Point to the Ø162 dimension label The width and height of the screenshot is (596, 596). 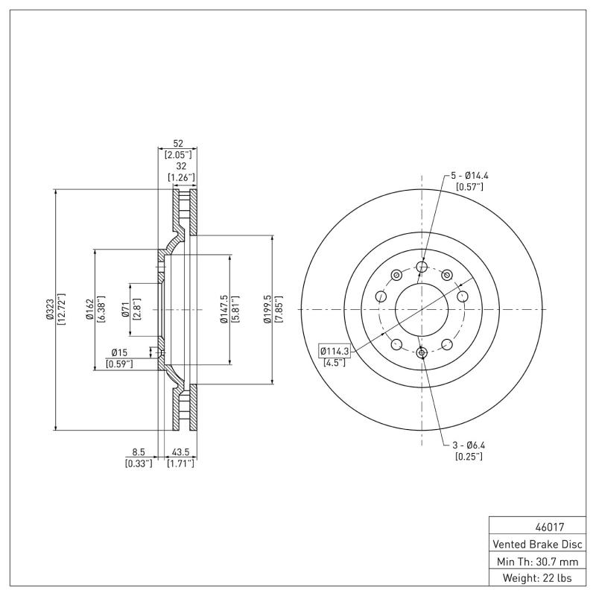click(89, 309)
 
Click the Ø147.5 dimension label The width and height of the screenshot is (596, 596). click(223, 309)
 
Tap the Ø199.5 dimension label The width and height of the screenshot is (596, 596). click(267, 309)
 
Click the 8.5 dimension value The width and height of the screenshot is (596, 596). click(139, 452)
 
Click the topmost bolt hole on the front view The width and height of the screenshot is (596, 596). click(422, 267)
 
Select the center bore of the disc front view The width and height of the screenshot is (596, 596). click(422, 309)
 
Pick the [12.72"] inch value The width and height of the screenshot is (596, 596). click(61, 309)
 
